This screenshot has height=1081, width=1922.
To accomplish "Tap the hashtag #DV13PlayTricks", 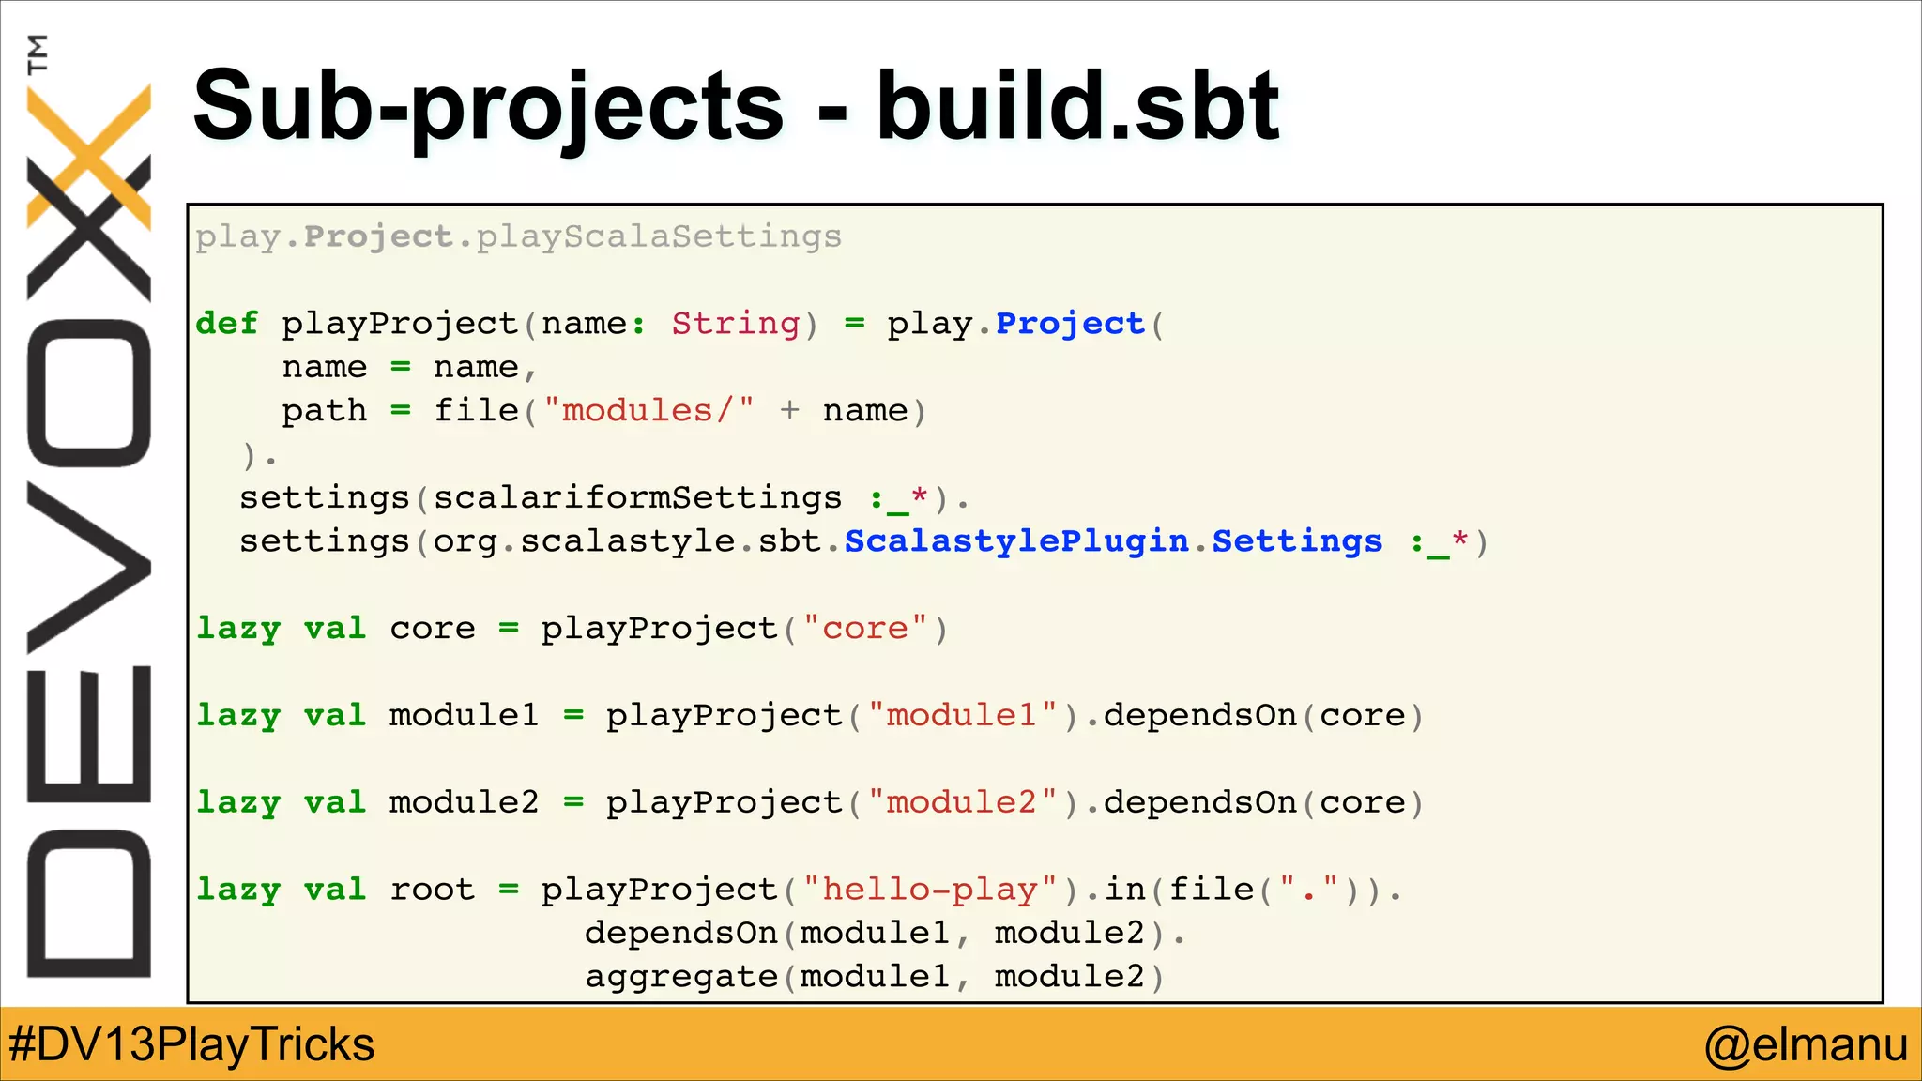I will [191, 1044].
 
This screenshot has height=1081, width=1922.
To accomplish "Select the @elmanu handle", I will [1806, 1044].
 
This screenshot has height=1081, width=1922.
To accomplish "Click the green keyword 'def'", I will [226, 324].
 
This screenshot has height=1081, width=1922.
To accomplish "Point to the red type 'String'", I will [736, 324].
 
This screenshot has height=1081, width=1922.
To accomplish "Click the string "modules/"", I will [648, 411].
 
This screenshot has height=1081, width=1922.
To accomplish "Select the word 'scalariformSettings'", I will [637, 498].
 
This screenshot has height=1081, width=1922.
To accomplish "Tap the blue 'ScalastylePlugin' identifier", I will [1016, 541].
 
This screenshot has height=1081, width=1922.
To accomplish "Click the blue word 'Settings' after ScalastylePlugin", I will [1297, 541].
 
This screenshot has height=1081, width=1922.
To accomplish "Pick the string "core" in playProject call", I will [865, 629].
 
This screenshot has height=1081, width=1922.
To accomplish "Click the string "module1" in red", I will [962, 716].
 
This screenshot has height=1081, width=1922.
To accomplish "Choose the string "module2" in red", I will [962, 803].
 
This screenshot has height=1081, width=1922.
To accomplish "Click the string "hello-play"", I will [930, 890].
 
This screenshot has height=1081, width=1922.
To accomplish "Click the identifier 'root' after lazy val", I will [433, 890].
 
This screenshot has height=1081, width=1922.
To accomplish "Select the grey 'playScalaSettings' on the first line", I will [659, 236].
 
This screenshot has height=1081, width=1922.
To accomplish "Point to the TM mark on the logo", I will [38, 53].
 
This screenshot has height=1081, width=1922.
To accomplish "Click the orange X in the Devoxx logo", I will [90, 155].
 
